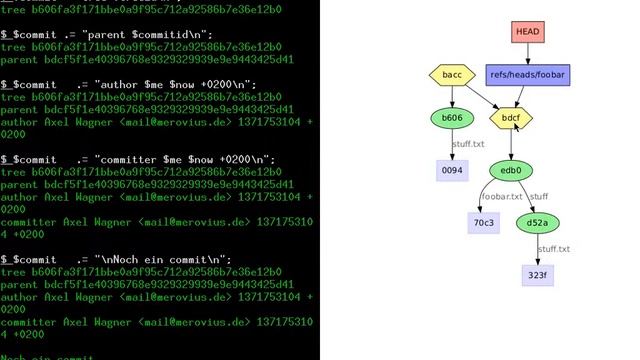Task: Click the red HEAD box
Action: click(527, 32)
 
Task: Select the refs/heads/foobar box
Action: click(529, 75)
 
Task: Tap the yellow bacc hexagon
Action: click(452, 75)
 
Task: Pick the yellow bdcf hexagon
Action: click(511, 118)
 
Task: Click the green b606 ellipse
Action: click(452, 118)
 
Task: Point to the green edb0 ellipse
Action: click(511, 171)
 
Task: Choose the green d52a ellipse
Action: click(538, 222)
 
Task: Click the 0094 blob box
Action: click(452, 171)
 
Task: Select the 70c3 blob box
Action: click(484, 222)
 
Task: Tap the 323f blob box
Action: click(538, 274)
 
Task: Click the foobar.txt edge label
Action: click(501, 197)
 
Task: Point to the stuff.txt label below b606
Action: click(469, 145)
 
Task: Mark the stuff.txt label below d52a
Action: click(554, 249)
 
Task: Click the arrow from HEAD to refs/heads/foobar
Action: click(528, 53)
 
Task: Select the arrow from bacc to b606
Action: click(452, 97)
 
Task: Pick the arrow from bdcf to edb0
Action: click(511, 145)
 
